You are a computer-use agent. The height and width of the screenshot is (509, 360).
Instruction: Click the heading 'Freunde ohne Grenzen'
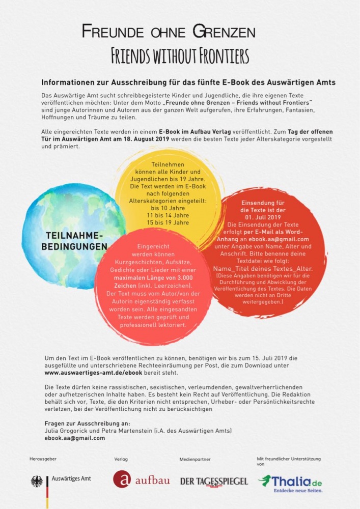[x=169, y=33]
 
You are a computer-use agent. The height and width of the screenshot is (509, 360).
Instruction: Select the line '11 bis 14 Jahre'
[x=168, y=215]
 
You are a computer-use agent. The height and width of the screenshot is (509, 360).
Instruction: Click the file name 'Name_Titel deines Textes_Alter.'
[x=263, y=269]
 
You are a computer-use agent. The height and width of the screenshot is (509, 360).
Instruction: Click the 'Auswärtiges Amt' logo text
[x=72, y=479]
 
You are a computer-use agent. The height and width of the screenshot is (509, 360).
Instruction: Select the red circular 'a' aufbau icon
[x=122, y=479]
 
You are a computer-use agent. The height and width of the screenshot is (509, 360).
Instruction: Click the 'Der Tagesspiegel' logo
[x=214, y=481]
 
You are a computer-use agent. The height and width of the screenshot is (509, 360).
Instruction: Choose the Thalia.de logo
[x=290, y=480]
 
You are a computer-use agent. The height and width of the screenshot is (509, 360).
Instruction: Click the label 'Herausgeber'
[x=43, y=459]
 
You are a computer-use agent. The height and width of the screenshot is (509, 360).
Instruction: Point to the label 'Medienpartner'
[x=195, y=460]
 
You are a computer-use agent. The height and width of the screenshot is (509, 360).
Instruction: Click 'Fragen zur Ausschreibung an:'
[x=87, y=423]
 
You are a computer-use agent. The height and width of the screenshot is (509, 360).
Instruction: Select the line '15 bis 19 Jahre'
[x=168, y=222]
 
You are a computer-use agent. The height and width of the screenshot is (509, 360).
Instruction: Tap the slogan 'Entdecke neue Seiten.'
[x=298, y=491]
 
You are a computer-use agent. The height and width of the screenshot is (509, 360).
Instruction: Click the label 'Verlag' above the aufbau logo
[x=121, y=460]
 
